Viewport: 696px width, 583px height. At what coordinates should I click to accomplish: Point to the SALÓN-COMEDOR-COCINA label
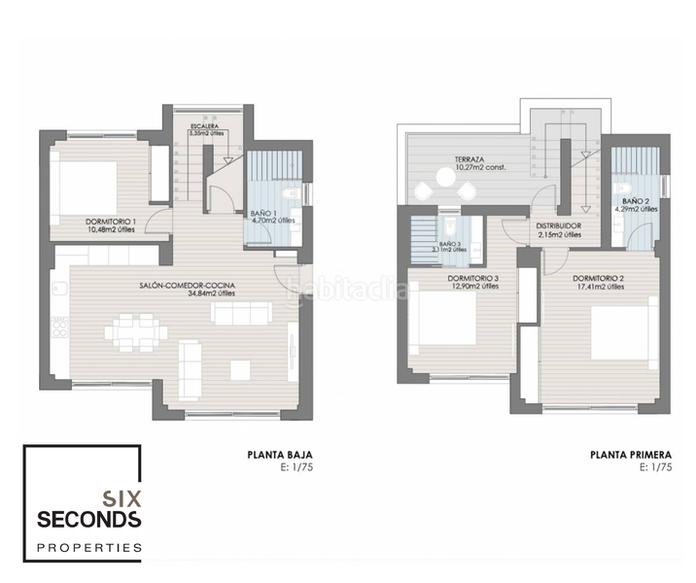point(189,286)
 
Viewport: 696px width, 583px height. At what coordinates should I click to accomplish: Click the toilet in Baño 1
point(302,194)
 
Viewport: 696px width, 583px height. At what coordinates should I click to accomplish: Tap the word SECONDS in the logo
point(88,520)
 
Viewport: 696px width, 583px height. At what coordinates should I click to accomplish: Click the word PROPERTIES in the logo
point(88,548)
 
